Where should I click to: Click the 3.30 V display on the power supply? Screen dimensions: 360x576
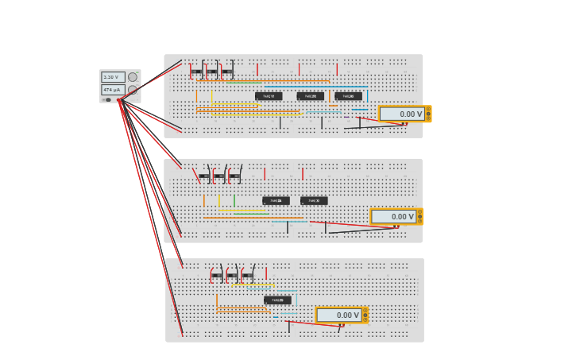tap(110, 77)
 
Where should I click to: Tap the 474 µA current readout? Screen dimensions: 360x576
tap(110, 90)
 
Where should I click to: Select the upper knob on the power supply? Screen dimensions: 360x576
tap(133, 77)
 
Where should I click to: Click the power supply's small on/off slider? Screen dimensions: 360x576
tap(108, 99)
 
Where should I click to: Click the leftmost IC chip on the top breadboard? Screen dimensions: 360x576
tap(269, 96)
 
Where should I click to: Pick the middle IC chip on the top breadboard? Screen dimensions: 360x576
tap(311, 96)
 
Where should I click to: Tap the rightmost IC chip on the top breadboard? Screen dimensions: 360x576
tap(348, 96)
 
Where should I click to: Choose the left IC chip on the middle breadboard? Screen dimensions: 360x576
tap(276, 201)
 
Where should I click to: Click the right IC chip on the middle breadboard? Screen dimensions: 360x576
tap(314, 201)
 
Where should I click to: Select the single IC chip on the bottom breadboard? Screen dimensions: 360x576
tap(277, 300)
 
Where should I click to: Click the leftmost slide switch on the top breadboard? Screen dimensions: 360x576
tap(196, 72)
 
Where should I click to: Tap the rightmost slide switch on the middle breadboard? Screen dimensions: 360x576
tap(234, 176)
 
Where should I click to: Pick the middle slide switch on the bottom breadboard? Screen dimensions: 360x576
tap(232, 276)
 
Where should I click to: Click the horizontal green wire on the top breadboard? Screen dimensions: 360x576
tap(245, 82)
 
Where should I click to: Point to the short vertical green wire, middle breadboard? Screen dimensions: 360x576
tap(234, 200)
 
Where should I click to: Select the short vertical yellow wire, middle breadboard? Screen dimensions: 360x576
tap(219, 200)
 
